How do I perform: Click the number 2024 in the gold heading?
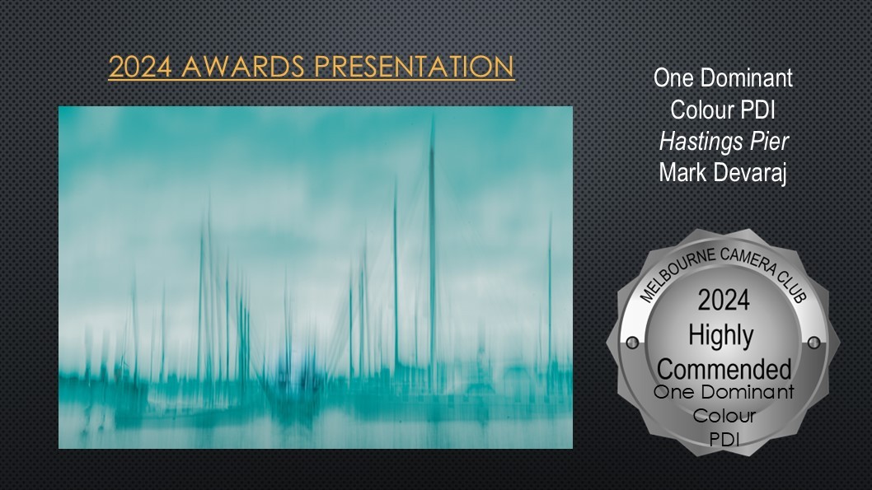[x=140, y=67]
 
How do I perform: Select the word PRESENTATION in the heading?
[x=414, y=67]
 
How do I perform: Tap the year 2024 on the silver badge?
[x=724, y=301]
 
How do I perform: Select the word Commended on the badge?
[x=724, y=370]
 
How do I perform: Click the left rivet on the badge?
[x=632, y=343]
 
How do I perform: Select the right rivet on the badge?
[x=813, y=343]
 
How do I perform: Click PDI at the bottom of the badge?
[x=724, y=440]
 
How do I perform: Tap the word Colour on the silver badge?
[x=724, y=416]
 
